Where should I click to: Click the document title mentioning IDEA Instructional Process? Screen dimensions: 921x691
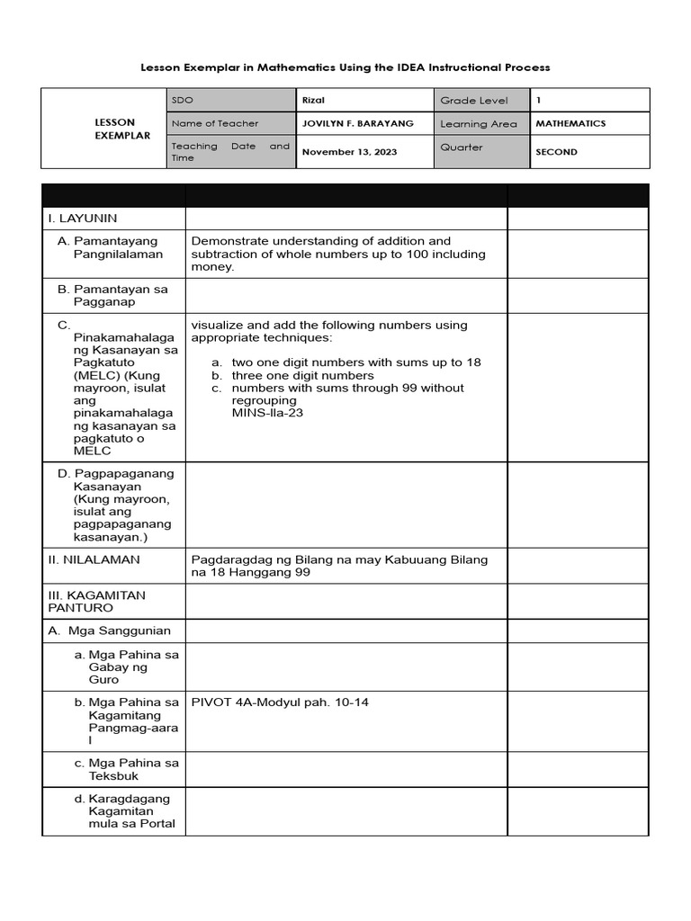tap(345, 67)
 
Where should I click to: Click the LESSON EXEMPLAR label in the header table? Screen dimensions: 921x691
tap(115, 129)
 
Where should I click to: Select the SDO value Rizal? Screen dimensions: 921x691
tap(313, 100)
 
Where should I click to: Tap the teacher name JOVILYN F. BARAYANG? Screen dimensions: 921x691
tap(352, 123)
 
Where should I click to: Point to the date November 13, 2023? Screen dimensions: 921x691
tap(349, 152)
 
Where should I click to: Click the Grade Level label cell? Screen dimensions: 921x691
tap(473, 101)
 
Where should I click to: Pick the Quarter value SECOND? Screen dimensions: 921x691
tap(556, 152)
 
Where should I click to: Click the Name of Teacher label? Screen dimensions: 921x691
tap(214, 123)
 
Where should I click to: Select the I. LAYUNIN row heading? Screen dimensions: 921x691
tap(83, 218)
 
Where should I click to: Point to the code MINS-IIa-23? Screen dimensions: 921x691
tap(267, 414)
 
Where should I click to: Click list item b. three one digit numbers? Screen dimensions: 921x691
tap(301, 375)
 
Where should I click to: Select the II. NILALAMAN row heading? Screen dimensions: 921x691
tap(94, 559)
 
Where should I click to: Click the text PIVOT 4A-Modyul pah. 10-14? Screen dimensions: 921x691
tap(280, 702)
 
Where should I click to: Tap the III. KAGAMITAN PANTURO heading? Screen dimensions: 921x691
tap(96, 602)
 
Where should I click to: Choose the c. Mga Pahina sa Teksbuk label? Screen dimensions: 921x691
tap(126, 769)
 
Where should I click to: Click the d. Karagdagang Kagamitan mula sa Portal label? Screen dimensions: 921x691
tap(125, 810)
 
